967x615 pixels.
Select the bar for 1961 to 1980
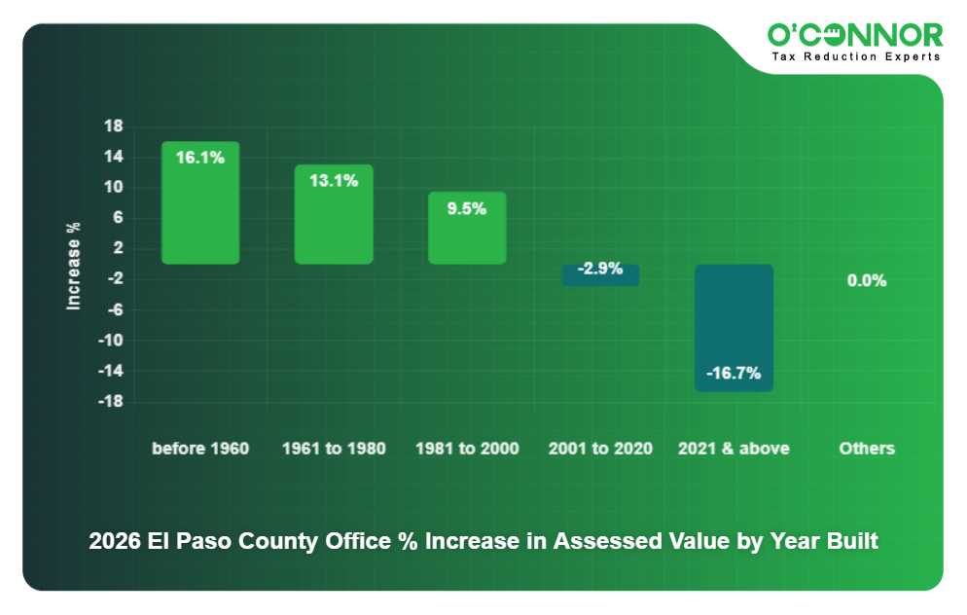point(334,224)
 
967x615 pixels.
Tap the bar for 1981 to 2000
point(467,234)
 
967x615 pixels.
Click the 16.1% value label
point(200,158)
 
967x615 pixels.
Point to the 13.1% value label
point(334,180)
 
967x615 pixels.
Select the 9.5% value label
point(467,208)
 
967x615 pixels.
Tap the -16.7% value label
point(734,374)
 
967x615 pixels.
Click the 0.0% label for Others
point(866,280)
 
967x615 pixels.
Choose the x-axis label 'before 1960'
point(200,449)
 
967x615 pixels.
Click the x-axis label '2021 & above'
point(734,449)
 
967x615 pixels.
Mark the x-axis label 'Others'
point(866,449)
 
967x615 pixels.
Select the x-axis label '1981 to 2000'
point(467,449)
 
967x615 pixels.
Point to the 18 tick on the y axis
point(113,127)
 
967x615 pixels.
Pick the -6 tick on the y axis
point(114,310)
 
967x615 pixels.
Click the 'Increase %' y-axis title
point(74,265)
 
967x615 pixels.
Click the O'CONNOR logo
point(854,36)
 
